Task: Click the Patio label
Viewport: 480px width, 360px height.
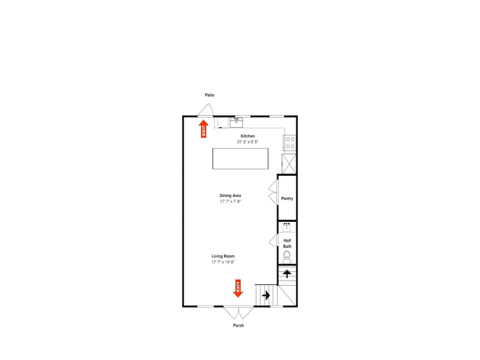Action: [x=209, y=95]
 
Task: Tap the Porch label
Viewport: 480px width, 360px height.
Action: [x=239, y=325]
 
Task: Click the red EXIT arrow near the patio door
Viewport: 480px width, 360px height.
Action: [x=204, y=129]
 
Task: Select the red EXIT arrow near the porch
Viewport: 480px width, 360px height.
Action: [x=238, y=288]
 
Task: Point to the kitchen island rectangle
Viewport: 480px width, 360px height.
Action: [x=240, y=158]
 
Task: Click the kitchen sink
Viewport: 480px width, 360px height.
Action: [x=236, y=122]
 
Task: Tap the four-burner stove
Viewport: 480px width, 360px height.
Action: [x=289, y=143]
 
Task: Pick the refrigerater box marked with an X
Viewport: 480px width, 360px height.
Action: [x=289, y=164]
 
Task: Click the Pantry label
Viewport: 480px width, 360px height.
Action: [x=287, y=198]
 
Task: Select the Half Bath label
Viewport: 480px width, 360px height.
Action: [x=287, y=243]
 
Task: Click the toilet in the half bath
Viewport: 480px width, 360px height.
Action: [x=287, y=257]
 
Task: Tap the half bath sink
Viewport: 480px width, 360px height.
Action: [x=287, y=227]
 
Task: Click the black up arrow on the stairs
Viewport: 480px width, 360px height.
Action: [x=287, y=274]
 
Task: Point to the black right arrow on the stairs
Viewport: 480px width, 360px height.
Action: [x=266, y=295]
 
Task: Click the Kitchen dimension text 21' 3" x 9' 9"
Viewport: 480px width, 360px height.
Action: [x=248, y=142]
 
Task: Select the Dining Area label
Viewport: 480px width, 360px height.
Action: [x=230, y=196]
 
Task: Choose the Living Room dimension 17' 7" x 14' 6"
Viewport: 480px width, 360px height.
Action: [x=223, y=262]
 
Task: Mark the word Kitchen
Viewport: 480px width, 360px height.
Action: [x=248, y=136]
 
